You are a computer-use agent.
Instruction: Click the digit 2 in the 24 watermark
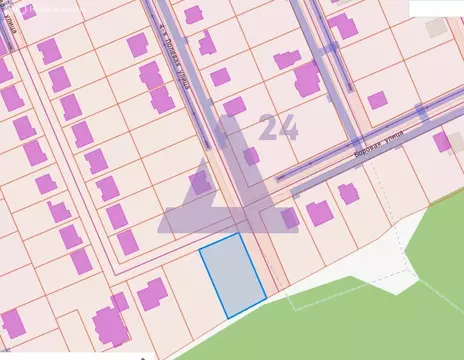tap(269, 128)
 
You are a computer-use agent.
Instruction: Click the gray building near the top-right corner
tap(437, 28)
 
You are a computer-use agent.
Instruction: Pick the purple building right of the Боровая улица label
tap(442, 142)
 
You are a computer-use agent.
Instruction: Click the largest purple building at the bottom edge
tap(110, 324)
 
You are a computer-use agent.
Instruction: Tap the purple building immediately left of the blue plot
tap(152, 294)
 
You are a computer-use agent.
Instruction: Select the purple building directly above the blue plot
tap(200, 182)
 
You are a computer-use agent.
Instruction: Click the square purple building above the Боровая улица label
tap(377, 100)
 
